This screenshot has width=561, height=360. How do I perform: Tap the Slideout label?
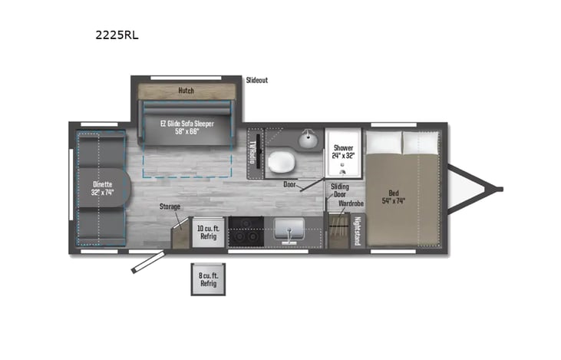[257, 80]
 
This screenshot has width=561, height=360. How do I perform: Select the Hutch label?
[186, 91]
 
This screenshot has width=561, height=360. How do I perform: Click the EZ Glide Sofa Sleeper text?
[186, 127]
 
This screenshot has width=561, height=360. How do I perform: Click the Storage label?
[170, 207]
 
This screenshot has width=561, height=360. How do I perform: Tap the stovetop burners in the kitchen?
[246, 231]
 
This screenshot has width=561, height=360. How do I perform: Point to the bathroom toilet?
[280, 160]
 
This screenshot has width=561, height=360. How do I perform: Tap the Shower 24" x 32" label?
[343, 151]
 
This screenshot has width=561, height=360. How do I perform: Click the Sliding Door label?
[339, 190]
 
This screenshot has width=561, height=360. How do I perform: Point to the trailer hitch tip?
[500, 189]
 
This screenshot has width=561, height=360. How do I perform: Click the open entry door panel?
[147, 263]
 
